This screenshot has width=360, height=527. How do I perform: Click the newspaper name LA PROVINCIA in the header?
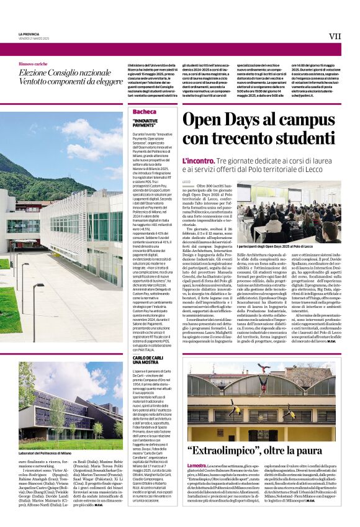[29, 34]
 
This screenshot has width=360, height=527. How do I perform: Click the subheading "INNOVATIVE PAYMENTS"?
[145, 123]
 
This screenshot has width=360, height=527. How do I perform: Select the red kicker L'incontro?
[196, 161]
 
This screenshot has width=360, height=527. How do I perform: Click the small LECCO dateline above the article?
[187, 181]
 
